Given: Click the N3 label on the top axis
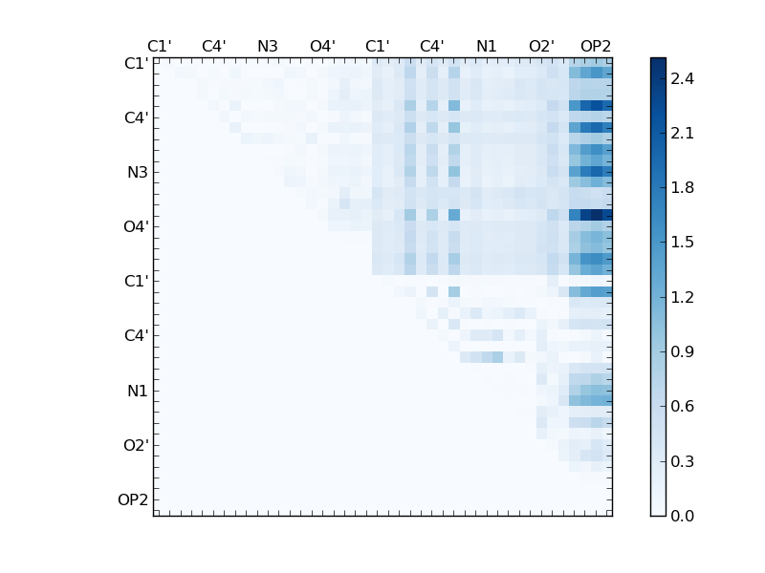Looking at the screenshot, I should click(x=268, y=46).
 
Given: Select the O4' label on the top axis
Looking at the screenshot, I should click(x=322, y=46).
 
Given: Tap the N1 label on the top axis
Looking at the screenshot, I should click(x=487, y=46).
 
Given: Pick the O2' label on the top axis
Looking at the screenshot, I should click(x=541, y=46).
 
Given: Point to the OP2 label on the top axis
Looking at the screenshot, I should click(x=596, y=46).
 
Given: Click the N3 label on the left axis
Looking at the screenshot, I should click(x=137, y=173).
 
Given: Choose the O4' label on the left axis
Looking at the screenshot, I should click(x=135, y=227).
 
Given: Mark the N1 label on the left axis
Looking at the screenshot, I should click(x=137, y=392).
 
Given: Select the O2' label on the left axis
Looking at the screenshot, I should click(x=135, y=446).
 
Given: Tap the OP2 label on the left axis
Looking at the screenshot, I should click(x=133, y=500).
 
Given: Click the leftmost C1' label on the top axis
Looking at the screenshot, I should click(x=159, y=46).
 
